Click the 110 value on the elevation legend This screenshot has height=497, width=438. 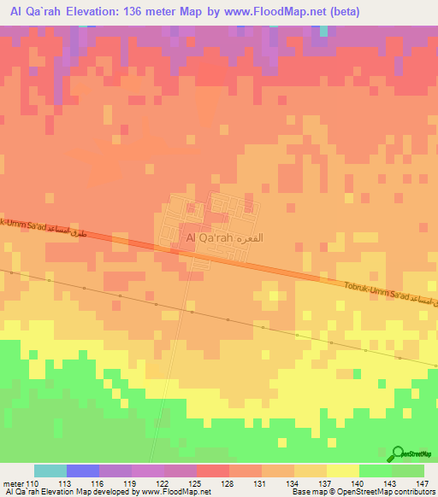click(33, 482)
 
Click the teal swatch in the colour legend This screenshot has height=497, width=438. click(50, 471)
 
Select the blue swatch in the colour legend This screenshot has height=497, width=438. click(83, 471)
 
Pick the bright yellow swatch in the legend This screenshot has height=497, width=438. click(343, 471)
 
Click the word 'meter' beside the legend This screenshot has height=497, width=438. click(13, 482)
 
